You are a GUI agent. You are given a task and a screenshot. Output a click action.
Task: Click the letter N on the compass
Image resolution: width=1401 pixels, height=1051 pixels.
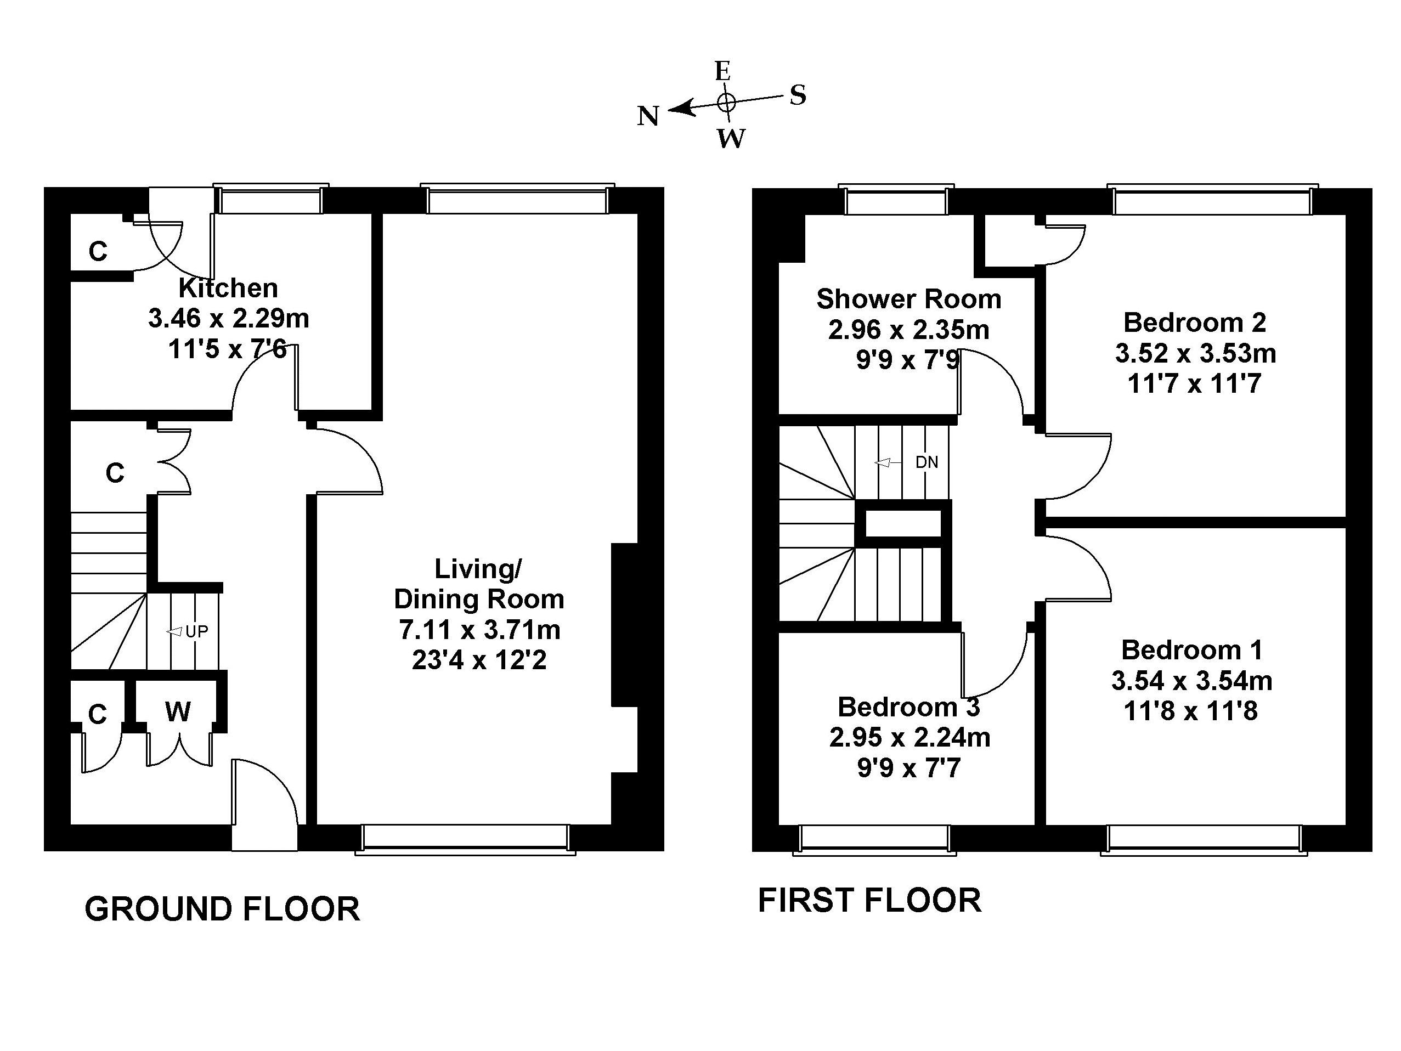pos(648,117)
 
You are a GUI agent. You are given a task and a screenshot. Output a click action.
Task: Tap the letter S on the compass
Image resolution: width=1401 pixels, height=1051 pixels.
pos(798,95)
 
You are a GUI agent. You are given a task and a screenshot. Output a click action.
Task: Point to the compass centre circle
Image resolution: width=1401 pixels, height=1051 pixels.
pos(726,102)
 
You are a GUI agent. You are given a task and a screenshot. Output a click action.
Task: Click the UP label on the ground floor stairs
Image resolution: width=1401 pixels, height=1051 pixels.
pos(196,631)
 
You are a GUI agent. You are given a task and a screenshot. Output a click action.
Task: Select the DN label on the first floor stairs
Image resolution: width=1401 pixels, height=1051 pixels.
pos(927,462)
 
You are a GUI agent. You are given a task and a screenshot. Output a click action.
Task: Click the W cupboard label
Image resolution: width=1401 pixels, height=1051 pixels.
pos(177,712)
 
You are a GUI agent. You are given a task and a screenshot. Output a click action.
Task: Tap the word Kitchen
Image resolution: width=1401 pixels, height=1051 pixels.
pos(228,288)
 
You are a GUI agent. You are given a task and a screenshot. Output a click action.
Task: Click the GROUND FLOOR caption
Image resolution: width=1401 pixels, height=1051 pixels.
pos(222,909)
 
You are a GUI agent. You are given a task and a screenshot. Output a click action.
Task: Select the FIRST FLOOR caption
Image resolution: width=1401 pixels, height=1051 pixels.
pos(869,901)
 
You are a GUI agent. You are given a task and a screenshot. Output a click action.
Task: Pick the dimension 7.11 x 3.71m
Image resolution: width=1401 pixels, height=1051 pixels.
pos(479,630)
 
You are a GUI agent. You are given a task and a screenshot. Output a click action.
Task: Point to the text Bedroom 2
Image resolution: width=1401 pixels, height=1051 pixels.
pos(1195,323)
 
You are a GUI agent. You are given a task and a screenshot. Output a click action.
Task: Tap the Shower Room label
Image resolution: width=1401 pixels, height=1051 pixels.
pos(909,299)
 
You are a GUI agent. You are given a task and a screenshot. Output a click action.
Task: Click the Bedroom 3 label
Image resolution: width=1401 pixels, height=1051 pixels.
pos(909,707)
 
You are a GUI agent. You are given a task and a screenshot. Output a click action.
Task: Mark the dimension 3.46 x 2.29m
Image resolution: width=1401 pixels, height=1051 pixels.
pos(229,318)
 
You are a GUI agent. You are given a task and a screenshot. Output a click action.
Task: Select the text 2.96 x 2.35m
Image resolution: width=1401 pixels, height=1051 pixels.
pos(909,330)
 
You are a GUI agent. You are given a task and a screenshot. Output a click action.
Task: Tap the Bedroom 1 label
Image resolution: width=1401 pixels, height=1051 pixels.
pos(1191,650)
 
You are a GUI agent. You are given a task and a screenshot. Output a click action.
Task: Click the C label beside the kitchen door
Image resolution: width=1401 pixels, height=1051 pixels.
pos(98,252)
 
